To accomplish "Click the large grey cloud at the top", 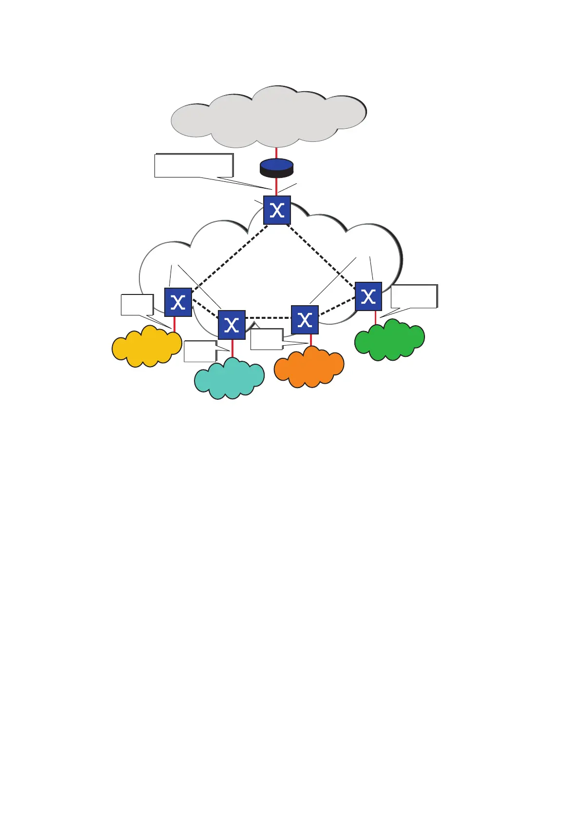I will [268, 117].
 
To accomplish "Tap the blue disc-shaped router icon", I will [276, 167].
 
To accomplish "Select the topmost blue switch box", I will [277, 210].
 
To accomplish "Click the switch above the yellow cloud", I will [178, 302].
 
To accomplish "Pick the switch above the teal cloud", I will [232, 325].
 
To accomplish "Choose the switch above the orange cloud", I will [305, 320].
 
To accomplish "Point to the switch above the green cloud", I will [368, 296].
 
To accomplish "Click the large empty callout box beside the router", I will [193, 165].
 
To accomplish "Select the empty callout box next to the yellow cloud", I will [137, 305].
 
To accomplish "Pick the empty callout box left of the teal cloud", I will [200, 351].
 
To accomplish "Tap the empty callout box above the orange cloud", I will [266, 339].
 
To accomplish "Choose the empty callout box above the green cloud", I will [413, 296].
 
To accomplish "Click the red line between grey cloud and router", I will [276, 153].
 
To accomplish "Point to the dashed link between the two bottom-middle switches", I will [268, 318].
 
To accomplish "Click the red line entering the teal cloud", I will [232, 349].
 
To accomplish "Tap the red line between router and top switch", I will [276, 186].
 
